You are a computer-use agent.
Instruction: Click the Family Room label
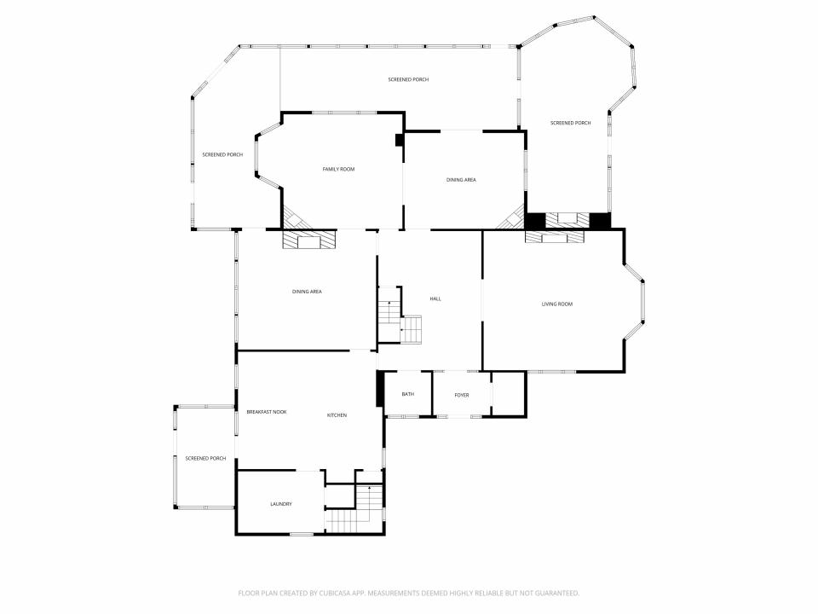pyautogui.click(x=338, y=169)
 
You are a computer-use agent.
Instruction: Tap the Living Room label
pyautogui.click(x=557, y=304)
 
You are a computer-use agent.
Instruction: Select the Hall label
pyautogui.click(x=435, y=298)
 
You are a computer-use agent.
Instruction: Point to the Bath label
pyautogui.click(x=408, y=394)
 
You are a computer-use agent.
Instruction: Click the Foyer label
pyautogui.click(x=462, y=395)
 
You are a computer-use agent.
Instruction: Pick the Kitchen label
pyautogui.click(x=337, y=415)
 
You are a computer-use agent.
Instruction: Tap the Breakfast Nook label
pyautogui.click(x=267, y=412)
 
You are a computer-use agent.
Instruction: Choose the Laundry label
pyautogui.click(x=281, y=504)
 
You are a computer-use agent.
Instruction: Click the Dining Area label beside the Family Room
pyautogui.click(x=461, y=180)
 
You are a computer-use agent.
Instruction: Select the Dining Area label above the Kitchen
pyautogui.click(x=307, y=292)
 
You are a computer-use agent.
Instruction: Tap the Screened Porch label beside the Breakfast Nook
pyautogui.click(x=205, y=459)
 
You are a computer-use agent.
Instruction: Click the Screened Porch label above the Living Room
pyautogui.click(x=571, y=123)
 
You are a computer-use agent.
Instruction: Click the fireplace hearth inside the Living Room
pyautogui.click(x=555, y=238)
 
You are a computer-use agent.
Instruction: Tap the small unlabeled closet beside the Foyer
pyautogui.click(x=508, y=394)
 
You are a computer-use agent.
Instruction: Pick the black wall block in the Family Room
pyautogui.click(x=399, y=140)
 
